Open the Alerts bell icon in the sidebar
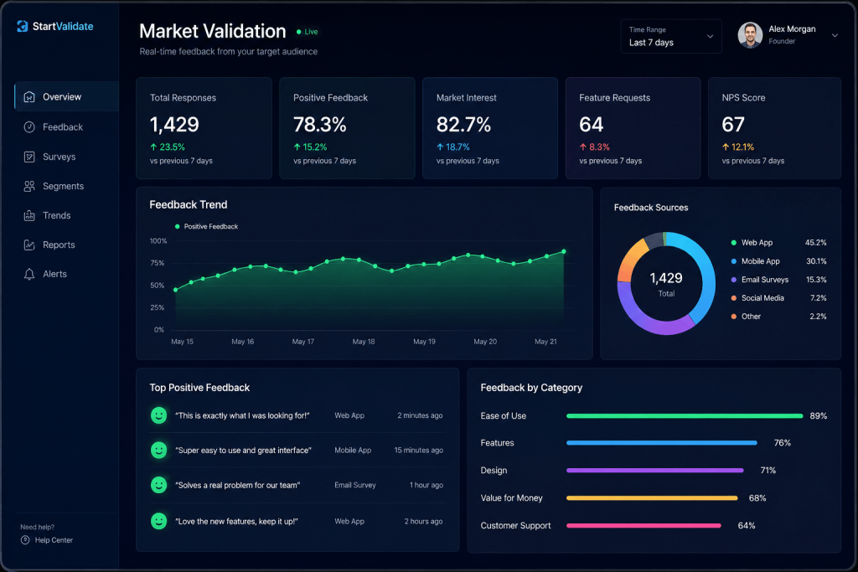coord(29,274)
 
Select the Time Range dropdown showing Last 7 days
coord(671,37)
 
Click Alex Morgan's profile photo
coord(750,35)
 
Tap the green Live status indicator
coord(307,32)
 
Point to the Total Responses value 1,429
coord(174,125)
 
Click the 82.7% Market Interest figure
coord(463,125)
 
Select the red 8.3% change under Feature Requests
coord(594,147)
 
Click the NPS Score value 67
coord(733,125)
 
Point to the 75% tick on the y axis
coord(158,263)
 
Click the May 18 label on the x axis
coord(364,342)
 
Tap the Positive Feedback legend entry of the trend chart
coord(206,226)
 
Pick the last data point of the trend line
coord(564,251)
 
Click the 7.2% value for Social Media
coord(818,298)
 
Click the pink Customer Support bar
coord(643,525)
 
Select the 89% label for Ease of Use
coord(818,416)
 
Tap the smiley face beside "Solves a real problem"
coord(158,485)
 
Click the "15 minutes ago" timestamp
coord(419,451)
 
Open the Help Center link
coord(54,540)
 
